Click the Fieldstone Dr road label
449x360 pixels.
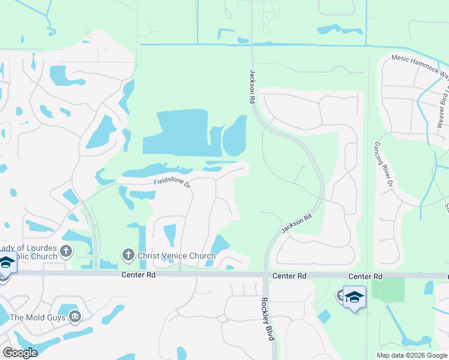click(172, 181)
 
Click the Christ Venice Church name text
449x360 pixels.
click(176, 256)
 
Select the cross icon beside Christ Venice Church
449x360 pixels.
click(127, 256)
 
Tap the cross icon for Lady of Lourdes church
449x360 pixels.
click(65, 251)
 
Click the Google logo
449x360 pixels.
click(20, 353)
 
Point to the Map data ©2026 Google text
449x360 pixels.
click(412, 355)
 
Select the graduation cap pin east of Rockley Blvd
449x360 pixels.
click(354, 297)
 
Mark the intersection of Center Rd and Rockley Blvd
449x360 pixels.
click(266, 275)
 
